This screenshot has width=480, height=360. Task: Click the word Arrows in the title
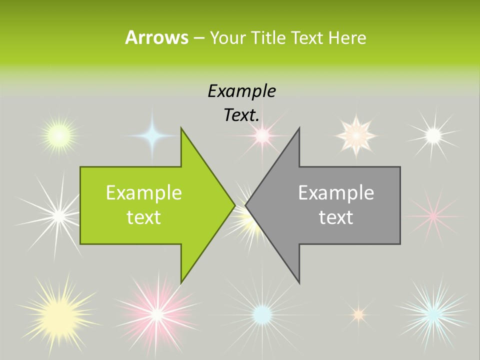click(156, 38)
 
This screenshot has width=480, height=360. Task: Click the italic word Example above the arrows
click(241, 91)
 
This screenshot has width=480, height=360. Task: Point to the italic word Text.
click(241, 115)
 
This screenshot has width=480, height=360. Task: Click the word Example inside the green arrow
click(144, 193)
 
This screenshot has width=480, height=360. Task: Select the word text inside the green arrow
click(144, 217)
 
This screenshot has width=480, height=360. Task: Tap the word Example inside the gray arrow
click(336, 193)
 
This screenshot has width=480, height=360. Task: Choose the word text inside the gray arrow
click(336, 217)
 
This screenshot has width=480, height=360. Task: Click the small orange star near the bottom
click(358, 314)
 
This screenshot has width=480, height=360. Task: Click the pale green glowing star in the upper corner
click(59, 134)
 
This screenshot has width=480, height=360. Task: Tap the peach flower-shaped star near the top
click(355, 135)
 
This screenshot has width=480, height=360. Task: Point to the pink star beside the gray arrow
click(433, 215)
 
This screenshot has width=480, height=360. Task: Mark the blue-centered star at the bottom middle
click(261, 314)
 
